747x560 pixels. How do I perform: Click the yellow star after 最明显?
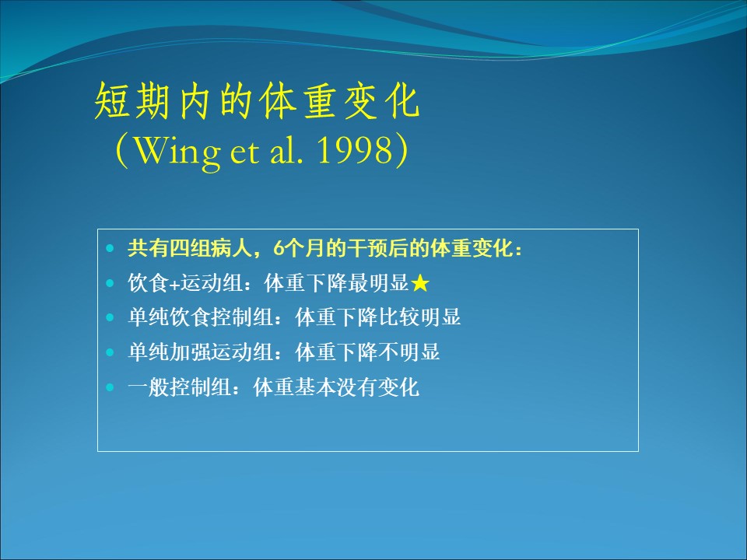(x=419, y=283)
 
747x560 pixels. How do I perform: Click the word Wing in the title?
(x=177, y=152)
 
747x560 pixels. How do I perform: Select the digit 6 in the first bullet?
(x=279, y=248)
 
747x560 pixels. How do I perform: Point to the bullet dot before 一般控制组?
(x=110, y=387)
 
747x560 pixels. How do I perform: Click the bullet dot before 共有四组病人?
(x=110, y=248)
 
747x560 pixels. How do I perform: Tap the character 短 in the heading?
(x=112, y=101)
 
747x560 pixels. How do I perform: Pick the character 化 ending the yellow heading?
(x=403, y=101)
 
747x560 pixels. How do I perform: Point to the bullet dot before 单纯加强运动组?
(x=110, y=352)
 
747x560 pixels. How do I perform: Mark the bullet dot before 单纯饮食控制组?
(x=110, y=317)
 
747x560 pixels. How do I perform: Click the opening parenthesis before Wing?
(x=122, y=151)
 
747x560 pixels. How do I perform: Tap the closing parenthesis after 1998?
(x=402, y=151)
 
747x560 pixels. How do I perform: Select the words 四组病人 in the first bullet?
(x=210, y=248)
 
